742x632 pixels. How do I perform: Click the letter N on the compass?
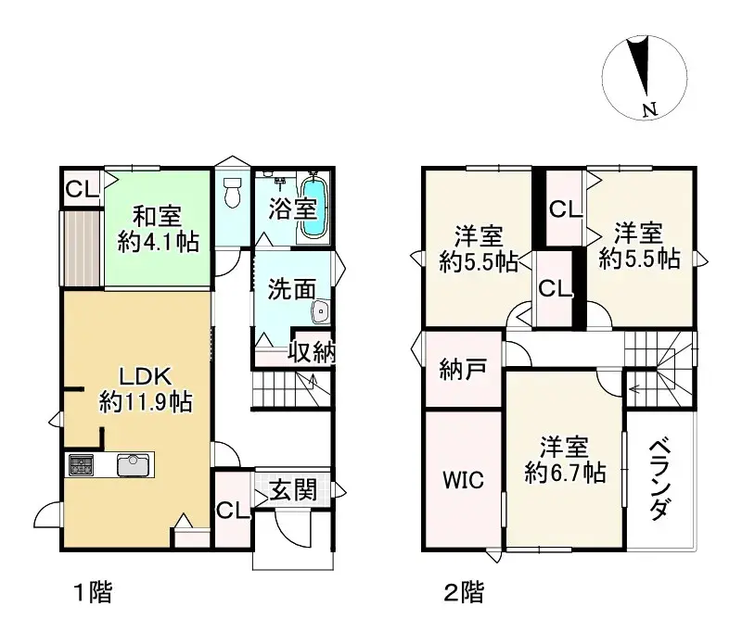649,110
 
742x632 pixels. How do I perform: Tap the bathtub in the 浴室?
314,209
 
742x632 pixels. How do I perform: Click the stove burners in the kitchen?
80,464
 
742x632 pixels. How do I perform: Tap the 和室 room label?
156,216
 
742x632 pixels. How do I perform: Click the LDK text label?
146,376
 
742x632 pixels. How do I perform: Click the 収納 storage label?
311,351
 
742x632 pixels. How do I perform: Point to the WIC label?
462,480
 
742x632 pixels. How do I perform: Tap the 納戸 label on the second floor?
462,371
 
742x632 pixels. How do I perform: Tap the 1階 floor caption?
93,592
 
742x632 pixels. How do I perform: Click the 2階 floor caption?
462,592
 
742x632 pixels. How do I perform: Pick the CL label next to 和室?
82,190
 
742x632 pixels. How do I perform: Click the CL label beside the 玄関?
232,512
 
